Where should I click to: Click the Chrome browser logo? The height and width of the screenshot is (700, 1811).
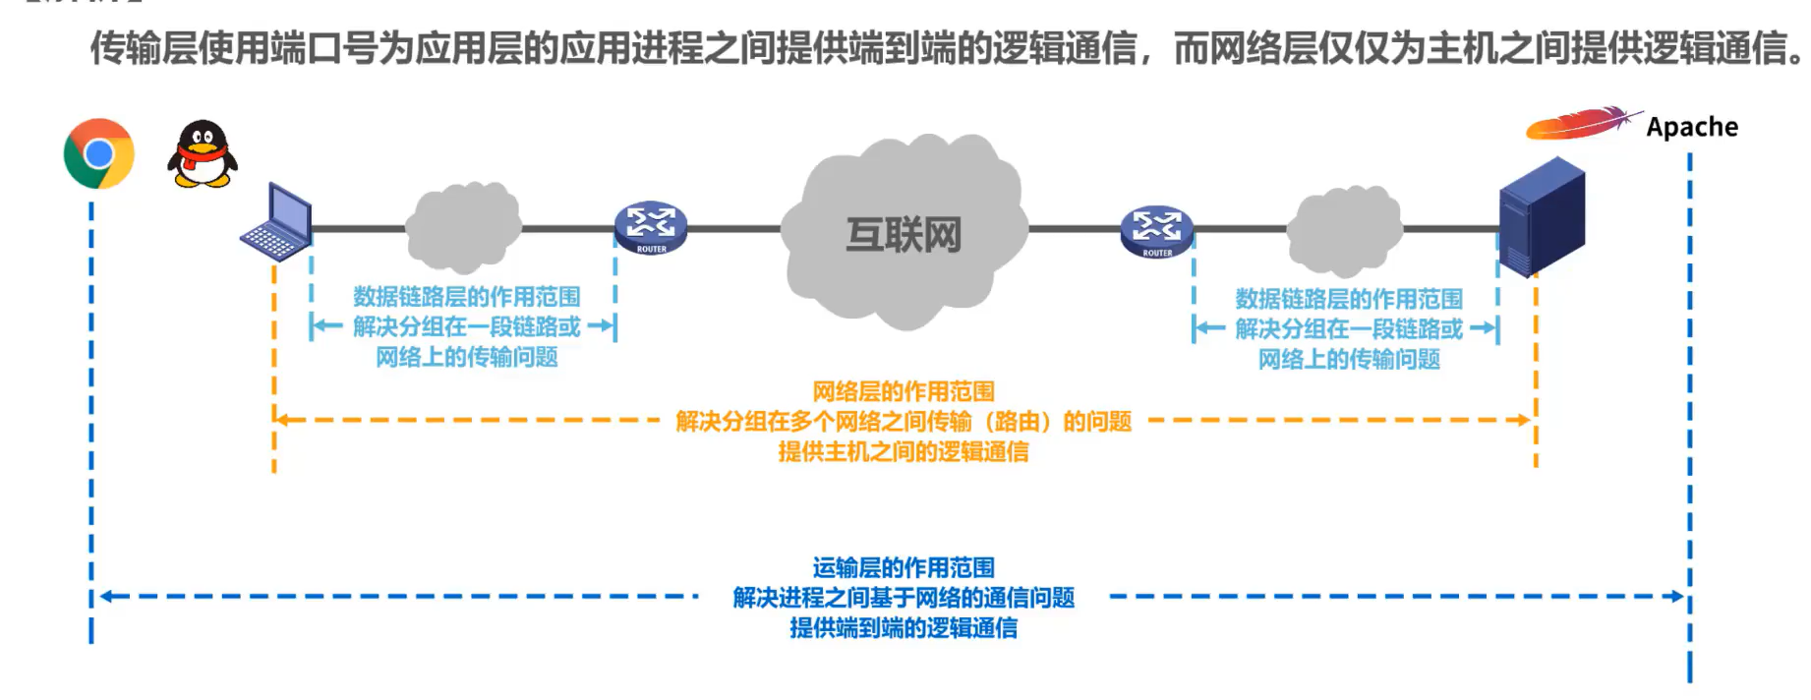(x=98, y=154)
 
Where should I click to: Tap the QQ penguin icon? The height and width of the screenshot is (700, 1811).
(x=203, y=155)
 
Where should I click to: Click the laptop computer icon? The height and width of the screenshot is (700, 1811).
(x=278, y=223)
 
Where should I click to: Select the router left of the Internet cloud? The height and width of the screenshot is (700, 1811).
(x=651, y=228)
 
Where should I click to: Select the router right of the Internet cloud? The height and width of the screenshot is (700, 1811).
(x=1157, y=230)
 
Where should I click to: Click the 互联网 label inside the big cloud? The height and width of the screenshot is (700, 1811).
(x=904, y=235)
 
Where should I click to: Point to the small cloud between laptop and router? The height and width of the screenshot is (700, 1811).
(x=462, y=228)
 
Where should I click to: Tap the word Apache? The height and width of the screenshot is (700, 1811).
(x=1692, y=128)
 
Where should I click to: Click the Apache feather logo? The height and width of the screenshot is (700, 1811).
(x=1579, y=124)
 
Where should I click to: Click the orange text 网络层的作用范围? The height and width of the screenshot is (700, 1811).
(x=903, y=391)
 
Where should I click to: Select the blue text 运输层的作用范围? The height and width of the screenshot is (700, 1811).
(x=903, y=567)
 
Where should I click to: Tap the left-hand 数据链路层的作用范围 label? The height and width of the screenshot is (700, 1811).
(x=466, y=296)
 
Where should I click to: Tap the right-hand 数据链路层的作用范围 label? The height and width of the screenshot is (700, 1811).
(x=1348, y=298)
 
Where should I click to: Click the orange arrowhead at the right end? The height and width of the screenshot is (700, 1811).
(x=1524, y=420)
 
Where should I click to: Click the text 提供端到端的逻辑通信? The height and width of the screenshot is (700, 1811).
(x=903, y=627)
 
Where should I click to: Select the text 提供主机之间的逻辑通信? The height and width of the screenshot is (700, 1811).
(x=903, y=451)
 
